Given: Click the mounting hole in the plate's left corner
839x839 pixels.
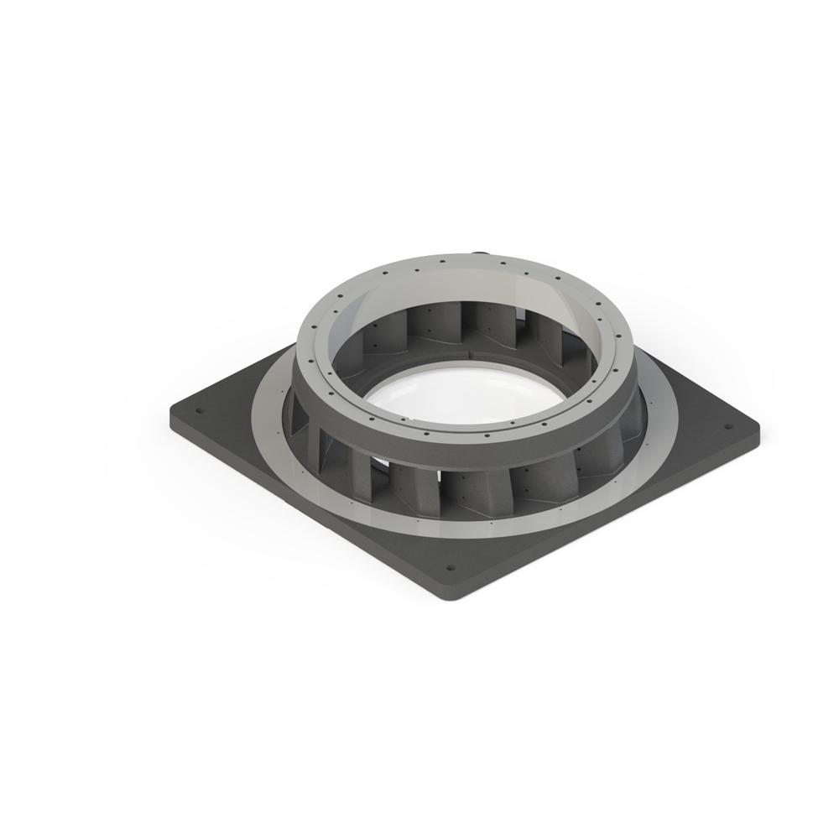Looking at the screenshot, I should pos(199,412).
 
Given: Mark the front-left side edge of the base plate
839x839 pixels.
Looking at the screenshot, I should pos(302,512).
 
